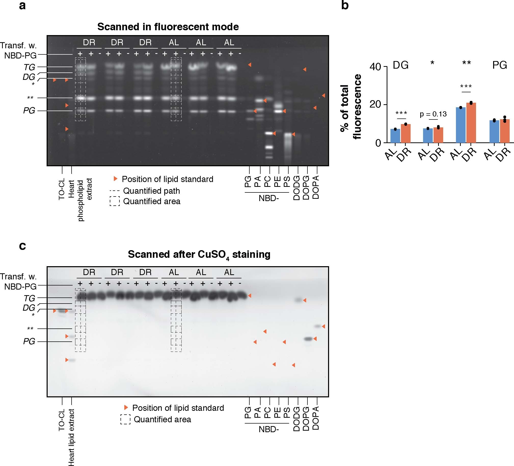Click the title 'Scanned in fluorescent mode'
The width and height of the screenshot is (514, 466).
pyautogui.click(x=168, y=27)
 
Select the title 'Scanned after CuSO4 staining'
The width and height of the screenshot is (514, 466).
pyautogui.click(x=199, y=254)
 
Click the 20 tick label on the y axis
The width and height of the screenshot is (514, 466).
pyautogui.click(x=375, y=104)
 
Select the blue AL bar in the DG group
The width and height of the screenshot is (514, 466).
pyautogui.click(x=395, y=136)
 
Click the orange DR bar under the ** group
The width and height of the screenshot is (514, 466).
pyautogui.click(x=471, y=123)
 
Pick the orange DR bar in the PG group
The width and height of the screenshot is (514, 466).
pyautogui.click(x=505, y=131)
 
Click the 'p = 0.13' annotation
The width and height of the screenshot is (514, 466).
pyautogui.click(x=433, y=114)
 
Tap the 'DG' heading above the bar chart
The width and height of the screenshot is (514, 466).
pyautogui.click(x=401, y=65)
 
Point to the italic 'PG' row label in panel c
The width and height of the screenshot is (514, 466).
pyautogui.click(x=29, y=341)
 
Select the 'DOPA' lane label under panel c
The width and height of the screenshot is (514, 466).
pyautogui.click(x=316, y=418)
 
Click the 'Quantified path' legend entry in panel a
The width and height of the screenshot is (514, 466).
pyautogui.click(x=152, y=191)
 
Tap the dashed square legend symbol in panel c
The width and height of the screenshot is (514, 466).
pyautogui.click(x=125, y=419)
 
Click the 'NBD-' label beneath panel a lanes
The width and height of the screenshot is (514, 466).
pyautogui.click(x=268, y=198)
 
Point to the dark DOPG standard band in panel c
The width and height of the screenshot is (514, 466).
pyautogui.click(x=308, y=339)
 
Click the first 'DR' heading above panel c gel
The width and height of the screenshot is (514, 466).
pyautogui.click(x=89, y=272)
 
